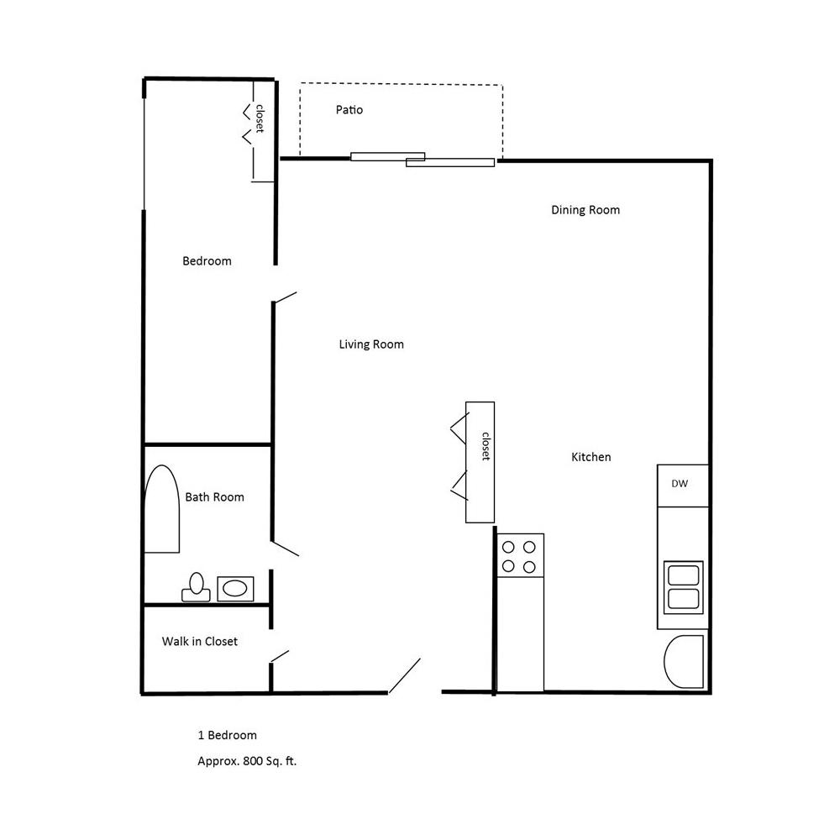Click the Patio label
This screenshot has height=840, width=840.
pyautogui.click(x=349, y=110)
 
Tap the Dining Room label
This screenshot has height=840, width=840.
pyautogui.click(x=585, y=210)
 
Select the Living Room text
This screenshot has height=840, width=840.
pyautogui.click(x=371, y=344)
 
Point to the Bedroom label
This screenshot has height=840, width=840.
pyautogui.click(x=207, y=261)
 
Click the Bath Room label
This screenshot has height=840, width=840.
pyautogui.click(x=214, y=497)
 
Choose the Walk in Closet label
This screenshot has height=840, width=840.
pyautogui.click(x=200, y=642)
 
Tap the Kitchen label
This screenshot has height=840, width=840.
pyautogui.click(x=591, y=457)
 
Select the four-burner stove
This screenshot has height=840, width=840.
pyautogui.click(x=519, y=556)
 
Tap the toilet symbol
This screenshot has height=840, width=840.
pyautogui.click(x=197, y=587)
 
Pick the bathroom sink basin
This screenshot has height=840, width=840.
pyautogui.click(x=234, y=588)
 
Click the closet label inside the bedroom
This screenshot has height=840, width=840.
pyautogui.click(x=260, y=118)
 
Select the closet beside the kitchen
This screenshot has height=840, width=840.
pyautogui.click(x=480, y=462)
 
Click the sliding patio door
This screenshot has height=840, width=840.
pyautogui.click(x=422, y=159)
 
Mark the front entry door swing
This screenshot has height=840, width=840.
pyautogui.click(x=405, y=676)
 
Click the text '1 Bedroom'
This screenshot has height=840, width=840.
pyautogui.click(x=227, y=736)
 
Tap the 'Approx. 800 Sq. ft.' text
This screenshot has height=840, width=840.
pyautogui.click(x=247, y=762)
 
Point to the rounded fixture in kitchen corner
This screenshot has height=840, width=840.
pyautogui.click(x=684, y=662)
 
